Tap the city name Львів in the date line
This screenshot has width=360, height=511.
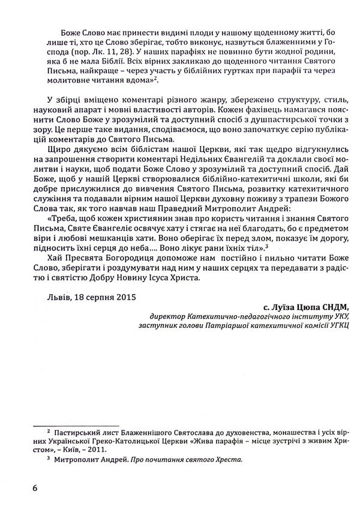57,297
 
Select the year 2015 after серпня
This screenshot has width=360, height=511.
125,297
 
